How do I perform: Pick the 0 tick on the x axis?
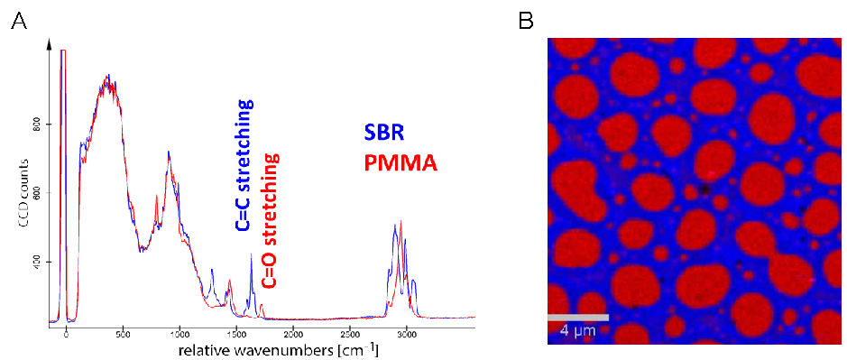tap(67, 334)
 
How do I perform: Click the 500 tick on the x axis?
tap(124, 334)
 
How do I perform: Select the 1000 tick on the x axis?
tap(180, 334)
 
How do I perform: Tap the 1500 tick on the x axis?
tap(236, 334)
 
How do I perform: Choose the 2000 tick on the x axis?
tap(293, 334)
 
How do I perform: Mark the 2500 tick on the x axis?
tap(350, 334)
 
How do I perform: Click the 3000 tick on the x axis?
tap(407, 334)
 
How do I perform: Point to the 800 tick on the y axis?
tap(32, 125)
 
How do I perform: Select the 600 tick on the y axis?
tap(32, 193)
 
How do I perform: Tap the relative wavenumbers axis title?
tap(278, 350)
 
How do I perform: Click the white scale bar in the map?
tap(578, 318)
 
